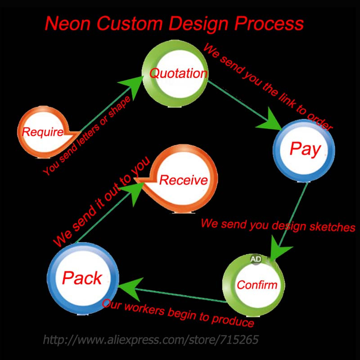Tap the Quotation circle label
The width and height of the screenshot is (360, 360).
pos(179,73)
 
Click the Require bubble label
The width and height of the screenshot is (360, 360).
pos(43,132)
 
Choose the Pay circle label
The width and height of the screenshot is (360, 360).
pos(305,148)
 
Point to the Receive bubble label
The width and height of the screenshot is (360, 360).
pos(184,180)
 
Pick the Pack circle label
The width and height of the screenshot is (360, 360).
pos(82,278)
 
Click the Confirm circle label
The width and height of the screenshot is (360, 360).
pos(257,285)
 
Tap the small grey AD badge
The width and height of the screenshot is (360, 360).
pos(256,259)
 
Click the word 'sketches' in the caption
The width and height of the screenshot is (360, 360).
pos(333,227)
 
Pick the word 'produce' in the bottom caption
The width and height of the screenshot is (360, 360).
pos(234,321)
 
